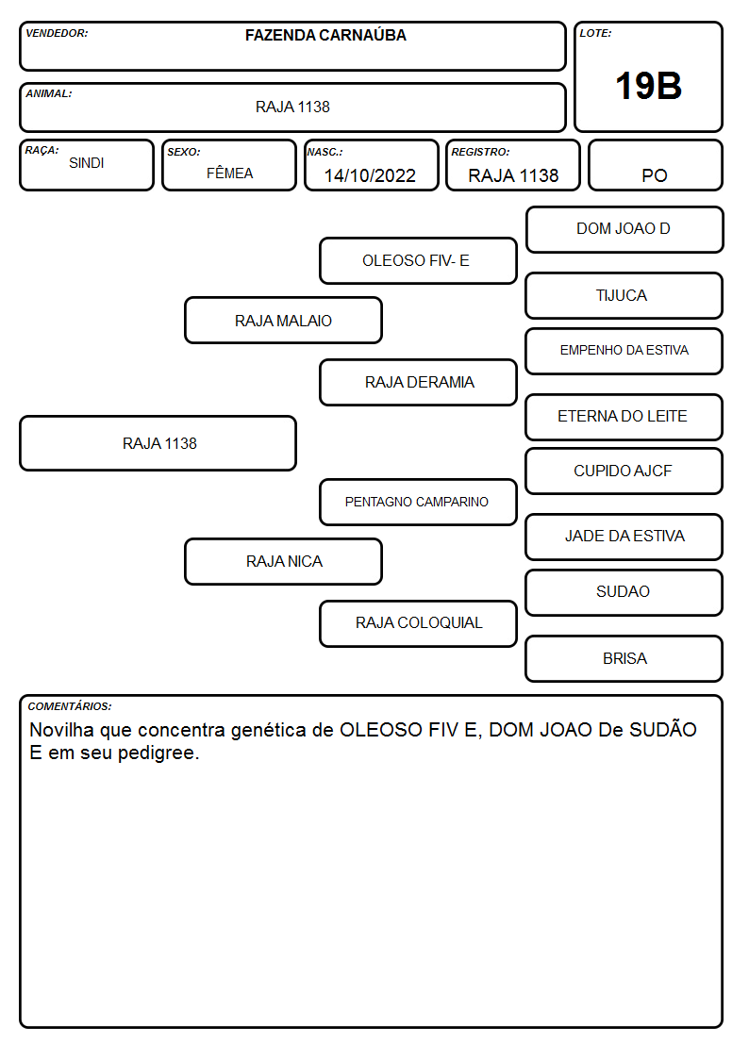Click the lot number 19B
(648, 86)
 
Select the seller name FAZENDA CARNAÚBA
(325, 35)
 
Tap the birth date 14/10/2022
(370, 175)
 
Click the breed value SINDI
(87, 163)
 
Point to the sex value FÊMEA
(229, 173)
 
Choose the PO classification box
(655, 165)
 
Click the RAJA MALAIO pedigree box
(284, 320)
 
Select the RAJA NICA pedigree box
(284, 561)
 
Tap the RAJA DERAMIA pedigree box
(418, 382)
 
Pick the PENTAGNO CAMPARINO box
(418, 502)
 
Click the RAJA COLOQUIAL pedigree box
(418, 623)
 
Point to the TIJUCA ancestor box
(624, 295)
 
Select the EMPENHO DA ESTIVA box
(624, 351)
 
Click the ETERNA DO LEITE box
(624, 417)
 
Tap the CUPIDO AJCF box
(624, 471)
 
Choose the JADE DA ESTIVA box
(624, 537)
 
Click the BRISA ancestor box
(624, 658)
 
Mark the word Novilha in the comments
(61, 730)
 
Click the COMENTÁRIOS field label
(70, 706)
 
